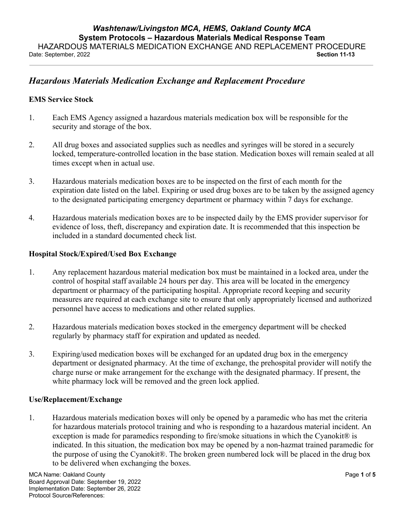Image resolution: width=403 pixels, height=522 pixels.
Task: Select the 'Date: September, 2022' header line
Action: [59, 55]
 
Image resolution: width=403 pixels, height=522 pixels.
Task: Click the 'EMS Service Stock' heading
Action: [61, 99]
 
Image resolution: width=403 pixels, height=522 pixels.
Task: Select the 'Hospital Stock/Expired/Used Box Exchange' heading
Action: [102, 254]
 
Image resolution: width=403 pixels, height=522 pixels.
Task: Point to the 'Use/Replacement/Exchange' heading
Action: [75, 399]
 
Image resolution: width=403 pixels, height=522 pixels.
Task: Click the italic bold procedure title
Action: [166, 81]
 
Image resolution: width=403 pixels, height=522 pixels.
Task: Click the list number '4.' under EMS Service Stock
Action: [32, 218]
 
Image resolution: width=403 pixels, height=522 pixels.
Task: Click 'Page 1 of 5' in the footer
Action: [360, 475]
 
